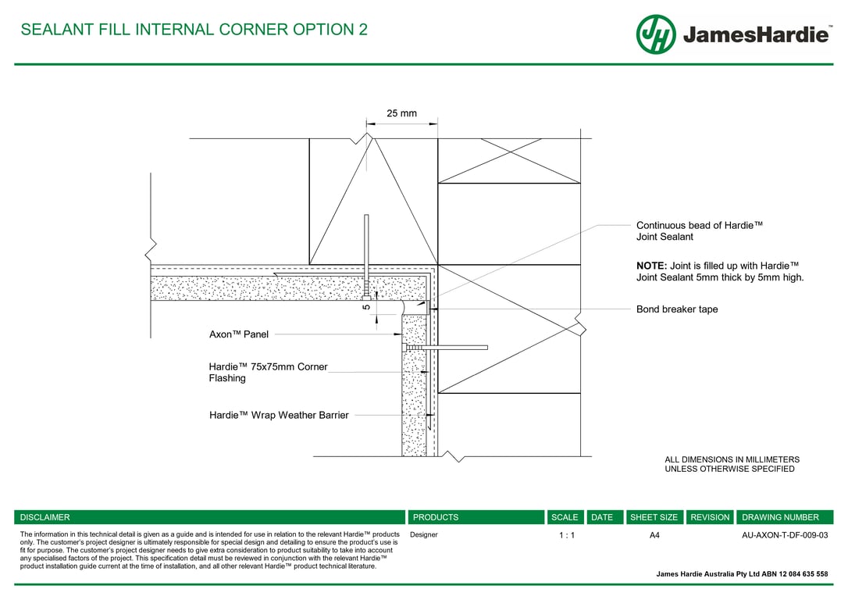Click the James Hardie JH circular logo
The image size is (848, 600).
[656, 34]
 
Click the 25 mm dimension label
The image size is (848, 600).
[402, 113]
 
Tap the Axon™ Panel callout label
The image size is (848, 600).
[238, 334]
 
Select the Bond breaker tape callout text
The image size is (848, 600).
[677, 309]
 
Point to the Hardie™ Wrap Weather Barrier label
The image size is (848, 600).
[279, 415]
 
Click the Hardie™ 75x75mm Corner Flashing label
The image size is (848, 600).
[269, 372]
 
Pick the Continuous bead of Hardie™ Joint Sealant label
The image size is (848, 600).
[700, 231]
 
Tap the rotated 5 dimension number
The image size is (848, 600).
[366, 307]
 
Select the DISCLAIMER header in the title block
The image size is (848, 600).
[45, 517]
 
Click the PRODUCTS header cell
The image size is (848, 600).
[436, 517]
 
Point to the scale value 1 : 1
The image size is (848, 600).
[567, 535]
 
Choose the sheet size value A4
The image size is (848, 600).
[654, 535]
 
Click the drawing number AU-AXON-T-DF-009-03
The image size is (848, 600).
[785, 535]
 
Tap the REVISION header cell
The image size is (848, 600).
[710, 517]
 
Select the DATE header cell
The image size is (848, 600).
[602, 517]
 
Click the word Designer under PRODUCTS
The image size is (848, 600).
[424, 534]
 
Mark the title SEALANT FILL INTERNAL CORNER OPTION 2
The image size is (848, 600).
[194, 29]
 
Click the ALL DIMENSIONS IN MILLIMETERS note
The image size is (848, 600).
[732, 459]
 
